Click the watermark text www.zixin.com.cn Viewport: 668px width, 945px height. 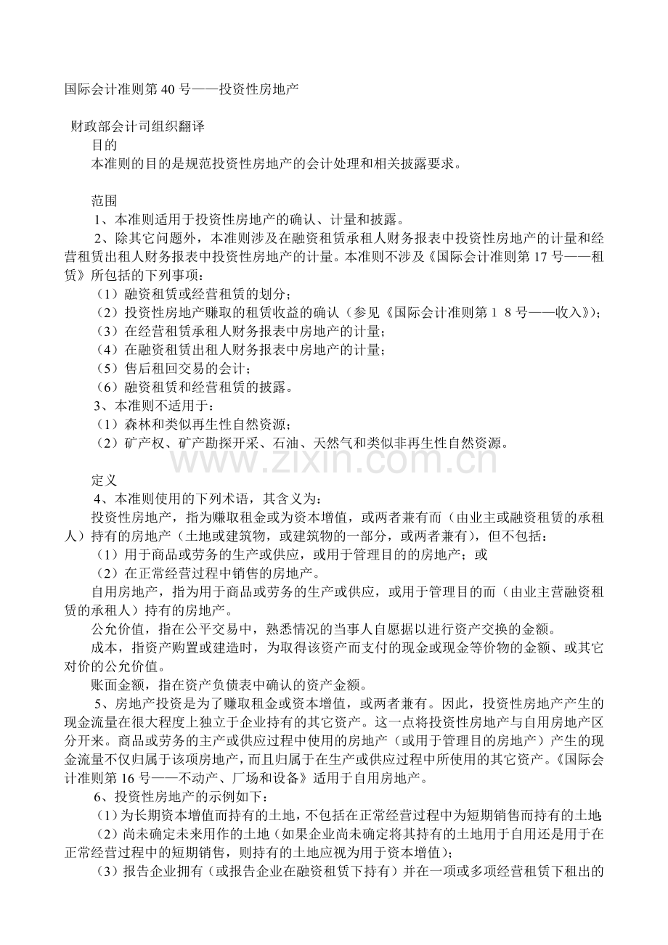click(334, 459)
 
